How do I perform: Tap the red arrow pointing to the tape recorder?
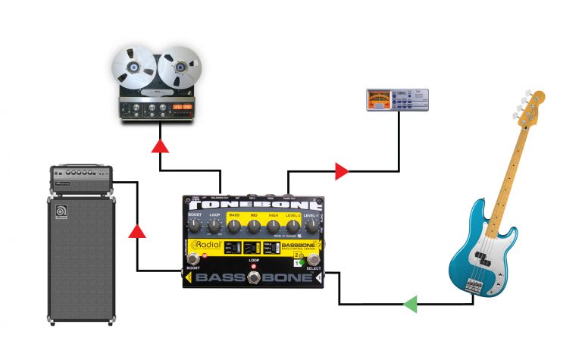160,146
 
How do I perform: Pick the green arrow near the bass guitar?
410,305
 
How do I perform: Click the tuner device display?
379,99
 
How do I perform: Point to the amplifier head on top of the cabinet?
81,180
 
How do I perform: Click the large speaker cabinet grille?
82,258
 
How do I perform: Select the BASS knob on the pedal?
234,226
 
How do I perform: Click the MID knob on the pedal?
254,226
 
